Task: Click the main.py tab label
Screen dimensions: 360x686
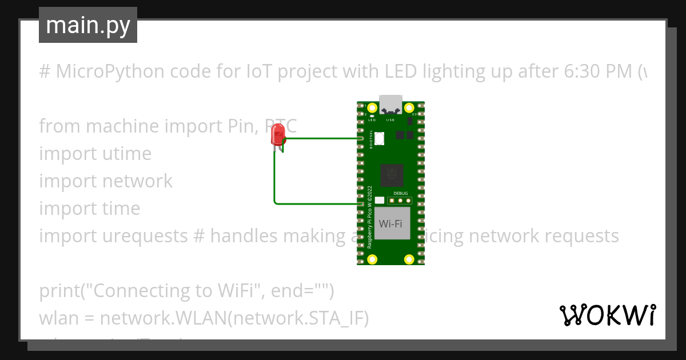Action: click(87, 25)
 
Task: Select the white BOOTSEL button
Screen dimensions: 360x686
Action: click(380, 137)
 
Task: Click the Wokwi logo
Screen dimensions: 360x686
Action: click(607, 315)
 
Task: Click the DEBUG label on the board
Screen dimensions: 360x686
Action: click(401, 193)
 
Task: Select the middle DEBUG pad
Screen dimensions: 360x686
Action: click(401, 201)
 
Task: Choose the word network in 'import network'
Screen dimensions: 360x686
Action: click(137, 181)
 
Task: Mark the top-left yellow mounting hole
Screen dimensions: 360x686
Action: click(373, 107)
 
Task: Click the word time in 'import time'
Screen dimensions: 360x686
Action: click(121, 208)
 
